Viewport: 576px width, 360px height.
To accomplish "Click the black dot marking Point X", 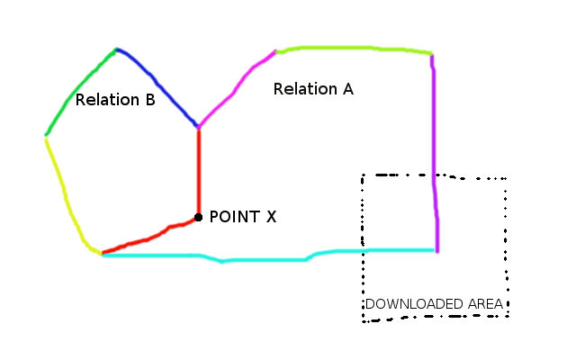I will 198,217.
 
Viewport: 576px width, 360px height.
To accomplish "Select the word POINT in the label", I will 230,217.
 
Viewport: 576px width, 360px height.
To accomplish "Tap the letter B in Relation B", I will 149,100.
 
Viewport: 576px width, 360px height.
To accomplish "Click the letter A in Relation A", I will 347,89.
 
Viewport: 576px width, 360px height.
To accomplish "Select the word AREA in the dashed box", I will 486,304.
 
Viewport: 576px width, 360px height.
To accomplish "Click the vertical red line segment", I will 199,171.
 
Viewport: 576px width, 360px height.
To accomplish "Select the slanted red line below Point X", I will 148,238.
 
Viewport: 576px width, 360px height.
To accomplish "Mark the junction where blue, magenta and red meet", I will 199,128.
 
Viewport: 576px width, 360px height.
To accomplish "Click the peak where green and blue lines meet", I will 116,49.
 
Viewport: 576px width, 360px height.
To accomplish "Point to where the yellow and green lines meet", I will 46,136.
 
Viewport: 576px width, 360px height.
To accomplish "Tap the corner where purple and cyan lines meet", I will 437,250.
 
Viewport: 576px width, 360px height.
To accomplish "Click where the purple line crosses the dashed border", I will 434,175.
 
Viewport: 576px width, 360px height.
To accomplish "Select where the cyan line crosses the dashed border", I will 364,250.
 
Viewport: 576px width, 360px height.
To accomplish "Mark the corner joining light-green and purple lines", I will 432,55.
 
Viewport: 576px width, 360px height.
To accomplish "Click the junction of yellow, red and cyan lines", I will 102,255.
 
